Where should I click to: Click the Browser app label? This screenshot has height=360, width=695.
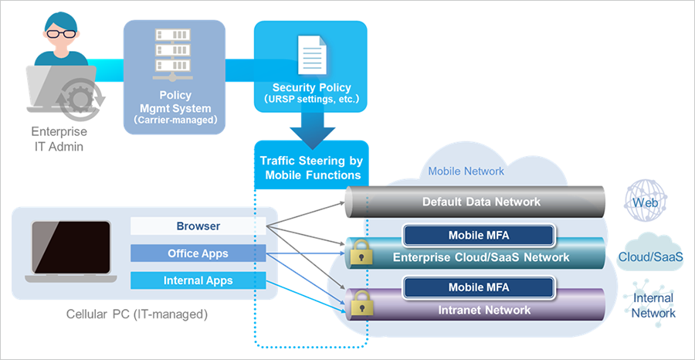click(198, 226)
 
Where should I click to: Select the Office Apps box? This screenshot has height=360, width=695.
click(198, 253)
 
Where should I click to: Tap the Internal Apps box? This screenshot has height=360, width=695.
click(198, 280)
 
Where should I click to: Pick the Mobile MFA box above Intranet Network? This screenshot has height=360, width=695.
click(479, 287)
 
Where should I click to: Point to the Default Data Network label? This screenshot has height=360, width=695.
click(481, 202)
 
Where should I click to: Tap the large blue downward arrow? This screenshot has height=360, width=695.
click(311, 127)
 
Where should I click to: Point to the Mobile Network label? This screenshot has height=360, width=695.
click(466, 171)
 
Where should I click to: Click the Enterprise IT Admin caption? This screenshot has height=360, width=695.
click(59, 138)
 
